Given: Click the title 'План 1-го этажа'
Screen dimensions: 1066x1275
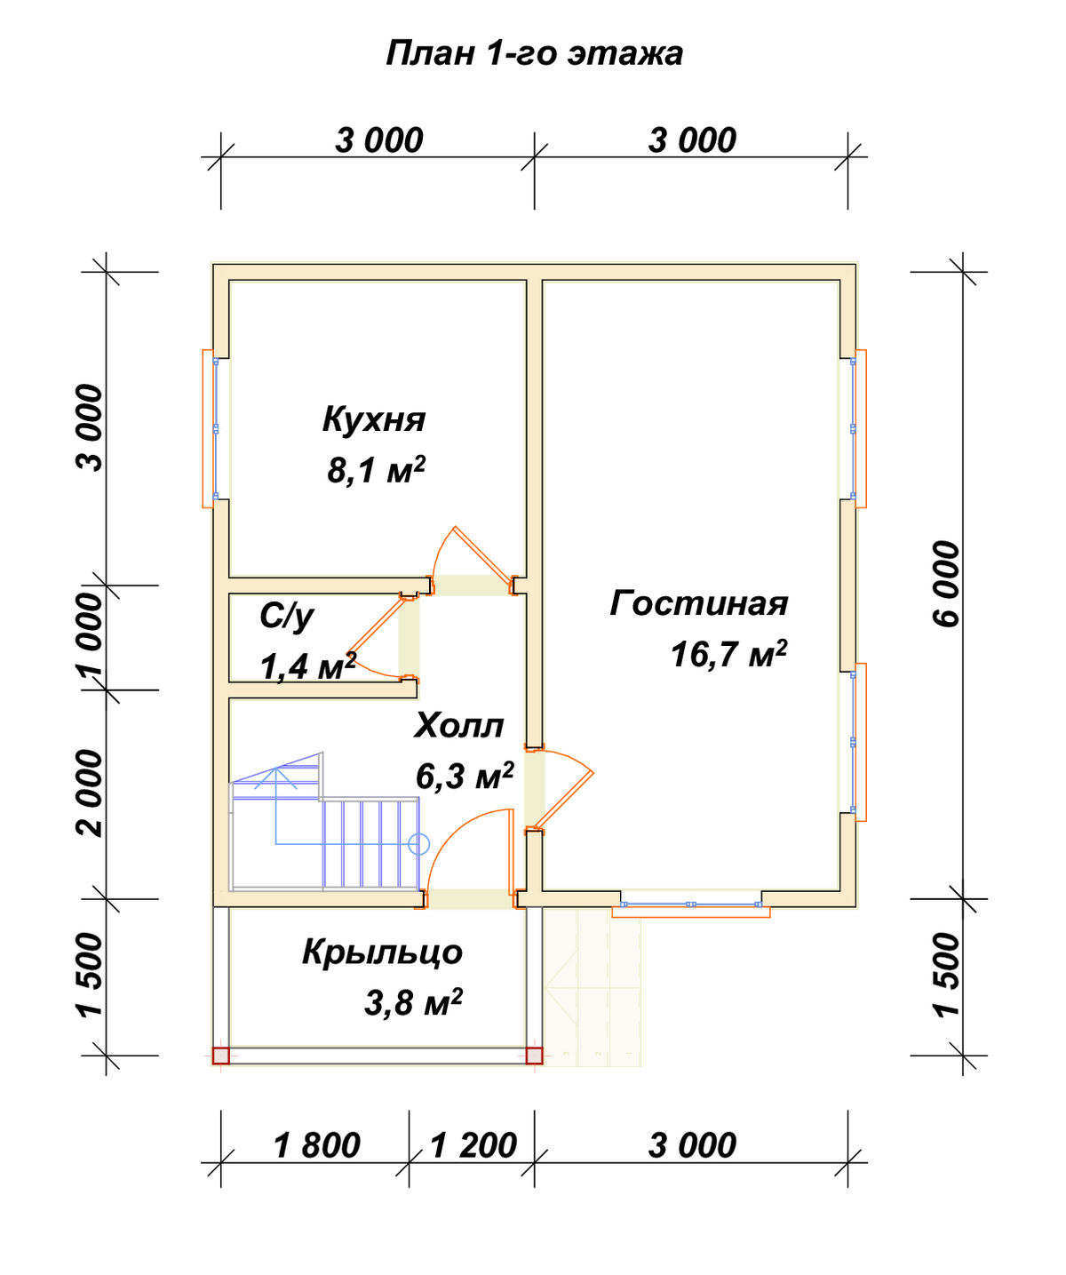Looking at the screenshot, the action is (534, 53).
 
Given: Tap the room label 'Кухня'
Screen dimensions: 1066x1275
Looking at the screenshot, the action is (374, 419).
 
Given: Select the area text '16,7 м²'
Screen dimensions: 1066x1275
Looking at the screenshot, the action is (729, 654).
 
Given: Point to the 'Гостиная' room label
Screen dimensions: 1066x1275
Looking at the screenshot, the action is (699, 603).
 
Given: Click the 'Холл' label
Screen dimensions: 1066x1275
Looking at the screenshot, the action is (459, 726).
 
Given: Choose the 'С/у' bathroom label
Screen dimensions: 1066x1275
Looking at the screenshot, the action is (286, 616).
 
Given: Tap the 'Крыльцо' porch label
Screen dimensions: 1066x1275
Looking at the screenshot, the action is (382, 952).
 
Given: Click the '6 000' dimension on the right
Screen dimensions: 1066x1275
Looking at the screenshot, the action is (946, 584).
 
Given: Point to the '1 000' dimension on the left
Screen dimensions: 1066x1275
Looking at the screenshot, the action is (91, 636).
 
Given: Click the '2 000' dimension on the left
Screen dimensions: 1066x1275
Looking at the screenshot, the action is (91, 793).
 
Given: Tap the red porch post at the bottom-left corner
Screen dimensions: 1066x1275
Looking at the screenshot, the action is (221, 1056).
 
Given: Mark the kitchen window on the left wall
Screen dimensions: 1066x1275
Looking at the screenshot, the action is (210, 428).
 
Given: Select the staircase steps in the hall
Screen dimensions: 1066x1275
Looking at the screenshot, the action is (370, 842).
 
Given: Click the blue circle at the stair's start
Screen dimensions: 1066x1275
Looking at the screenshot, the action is (418, 844).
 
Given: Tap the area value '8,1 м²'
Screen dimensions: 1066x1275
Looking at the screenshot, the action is (376, 470).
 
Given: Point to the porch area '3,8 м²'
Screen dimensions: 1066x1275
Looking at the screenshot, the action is (413, 1002).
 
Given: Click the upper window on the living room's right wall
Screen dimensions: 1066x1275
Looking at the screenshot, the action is (859, 428).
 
